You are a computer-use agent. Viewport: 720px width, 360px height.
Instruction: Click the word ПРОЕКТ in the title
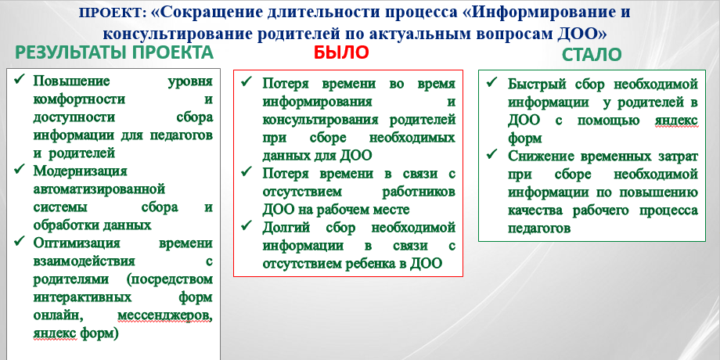[110, 13]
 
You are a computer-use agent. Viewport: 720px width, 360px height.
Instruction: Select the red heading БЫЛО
[341, 52]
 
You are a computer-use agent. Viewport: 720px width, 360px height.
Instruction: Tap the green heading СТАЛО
[592, 55]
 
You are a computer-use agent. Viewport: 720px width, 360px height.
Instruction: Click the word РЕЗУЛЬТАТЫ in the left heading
[71, 52]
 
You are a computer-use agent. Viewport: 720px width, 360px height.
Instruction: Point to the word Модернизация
[80, 171]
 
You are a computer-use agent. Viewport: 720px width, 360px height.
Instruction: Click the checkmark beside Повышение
[20, 80]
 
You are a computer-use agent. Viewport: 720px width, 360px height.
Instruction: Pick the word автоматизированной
[99, 189]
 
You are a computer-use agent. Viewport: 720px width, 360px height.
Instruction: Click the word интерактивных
[82, 297]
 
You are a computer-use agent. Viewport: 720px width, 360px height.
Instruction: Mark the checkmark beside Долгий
[247, 225]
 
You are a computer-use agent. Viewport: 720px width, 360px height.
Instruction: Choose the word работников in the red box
[419, 192]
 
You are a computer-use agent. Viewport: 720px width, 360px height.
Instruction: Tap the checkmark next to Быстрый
[491, 81]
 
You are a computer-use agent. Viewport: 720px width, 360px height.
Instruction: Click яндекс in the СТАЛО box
[675, 121]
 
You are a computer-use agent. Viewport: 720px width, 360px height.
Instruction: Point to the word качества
[536, 211]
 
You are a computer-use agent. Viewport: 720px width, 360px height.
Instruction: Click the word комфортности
[79, 99]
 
